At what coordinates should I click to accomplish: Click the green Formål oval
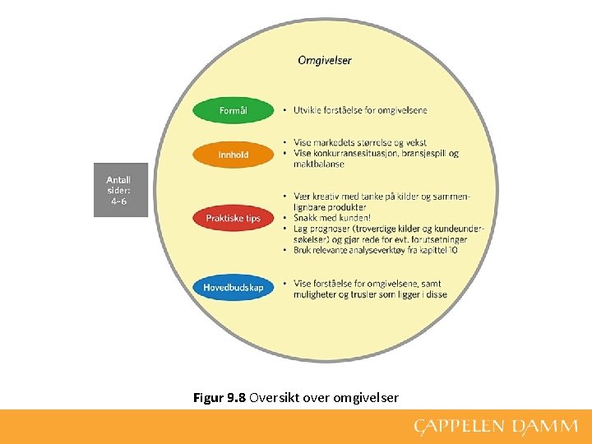[x=233, y=110]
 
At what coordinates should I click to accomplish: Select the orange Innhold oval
[x=233, y=155]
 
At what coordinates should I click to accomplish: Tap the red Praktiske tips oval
[x=233, y=218]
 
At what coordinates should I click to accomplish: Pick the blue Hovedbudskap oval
[x=233, y=287]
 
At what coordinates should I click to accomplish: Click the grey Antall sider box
[x=120, y=190]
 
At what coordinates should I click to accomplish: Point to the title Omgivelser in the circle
[x=324, y=60]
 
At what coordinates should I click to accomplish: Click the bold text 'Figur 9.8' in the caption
[x=220, y=398]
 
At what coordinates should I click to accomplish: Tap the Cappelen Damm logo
[x=496, y=427]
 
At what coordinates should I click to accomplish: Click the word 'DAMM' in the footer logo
[x=544, y=427]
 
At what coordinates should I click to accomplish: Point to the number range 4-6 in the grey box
[x=118, y=201]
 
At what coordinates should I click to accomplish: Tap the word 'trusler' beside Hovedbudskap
[x=374, y=294]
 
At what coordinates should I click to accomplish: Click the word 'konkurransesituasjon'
[x=353, y=153]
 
